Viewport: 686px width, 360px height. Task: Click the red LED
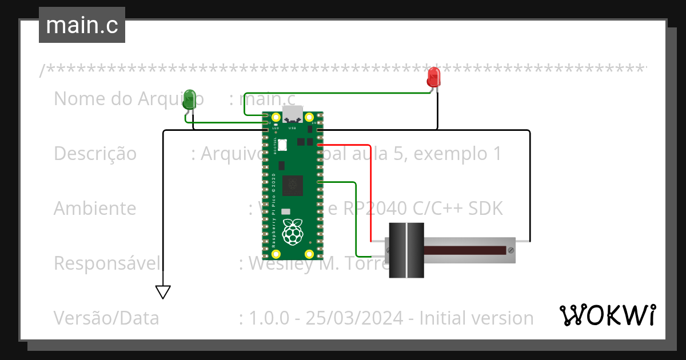[434, 77]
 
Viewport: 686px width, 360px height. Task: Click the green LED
[189, 99]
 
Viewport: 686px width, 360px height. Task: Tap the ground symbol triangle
[163, 291]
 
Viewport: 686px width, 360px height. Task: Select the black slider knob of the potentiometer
[406, 250]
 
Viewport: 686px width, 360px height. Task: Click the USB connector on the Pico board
[293, 114]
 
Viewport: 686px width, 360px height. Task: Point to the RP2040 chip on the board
[293, 185]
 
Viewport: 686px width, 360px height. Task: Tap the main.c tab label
[82, 26]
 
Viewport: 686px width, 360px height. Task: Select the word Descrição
[95, 154]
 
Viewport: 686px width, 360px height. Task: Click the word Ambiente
[95, 209]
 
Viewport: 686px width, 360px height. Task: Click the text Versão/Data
[106, 318]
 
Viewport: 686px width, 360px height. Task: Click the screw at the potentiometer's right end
[510, 250]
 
